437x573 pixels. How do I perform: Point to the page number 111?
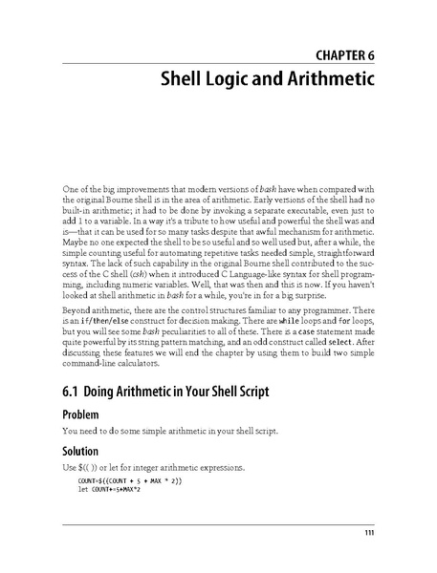pyautogui.click(x=369, y=532)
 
